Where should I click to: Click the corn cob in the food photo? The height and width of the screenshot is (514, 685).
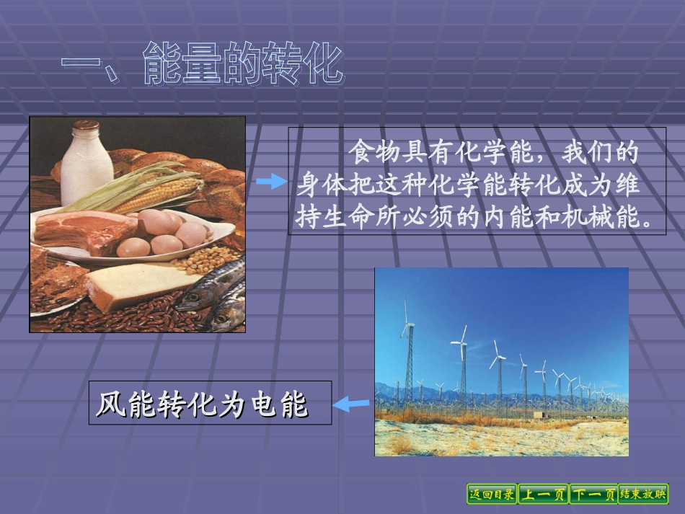pos(155,195)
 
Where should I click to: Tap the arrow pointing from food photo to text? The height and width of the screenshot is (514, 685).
pos(272,182)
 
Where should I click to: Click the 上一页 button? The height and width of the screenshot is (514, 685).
pos(543,494)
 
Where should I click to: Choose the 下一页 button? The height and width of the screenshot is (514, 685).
pos(593,494)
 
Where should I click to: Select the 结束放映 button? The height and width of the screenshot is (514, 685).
pos(643,494)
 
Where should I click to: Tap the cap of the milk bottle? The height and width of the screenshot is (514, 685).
pos(85,126)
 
